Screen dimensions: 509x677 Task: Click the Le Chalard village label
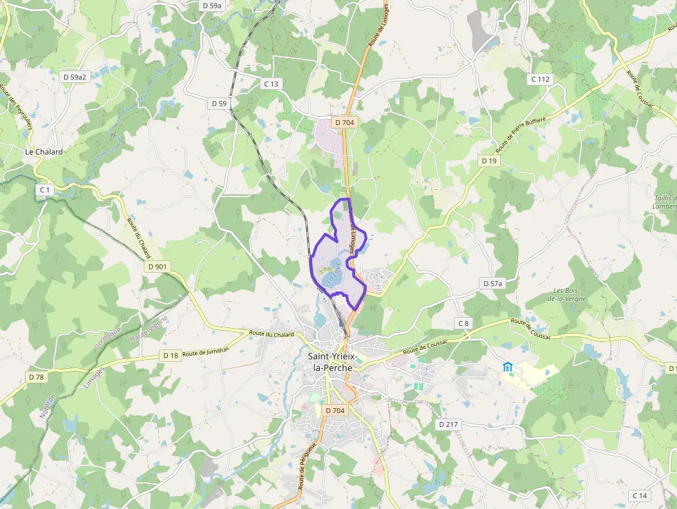click(44, 152)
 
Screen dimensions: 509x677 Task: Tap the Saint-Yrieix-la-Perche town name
click(333, 362)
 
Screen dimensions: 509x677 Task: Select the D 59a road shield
click(213, 5)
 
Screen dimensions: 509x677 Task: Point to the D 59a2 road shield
click(75, 77)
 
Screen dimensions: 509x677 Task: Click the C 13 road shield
click(271, 84)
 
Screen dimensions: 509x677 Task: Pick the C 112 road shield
click(541, 79)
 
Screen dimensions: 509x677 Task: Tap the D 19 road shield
click(489, 161)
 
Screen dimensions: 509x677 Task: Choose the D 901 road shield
click(158, 267)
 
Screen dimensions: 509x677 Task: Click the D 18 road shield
click(171, 355)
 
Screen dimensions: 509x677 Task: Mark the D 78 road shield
click(37, 377)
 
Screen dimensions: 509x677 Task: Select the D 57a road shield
click(493, 284)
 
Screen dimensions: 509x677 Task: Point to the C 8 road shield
click(463, 323)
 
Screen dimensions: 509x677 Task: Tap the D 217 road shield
click(448, 424)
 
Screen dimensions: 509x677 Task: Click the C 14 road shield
click(640, 496)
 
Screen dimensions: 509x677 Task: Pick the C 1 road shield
click(45, 189)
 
